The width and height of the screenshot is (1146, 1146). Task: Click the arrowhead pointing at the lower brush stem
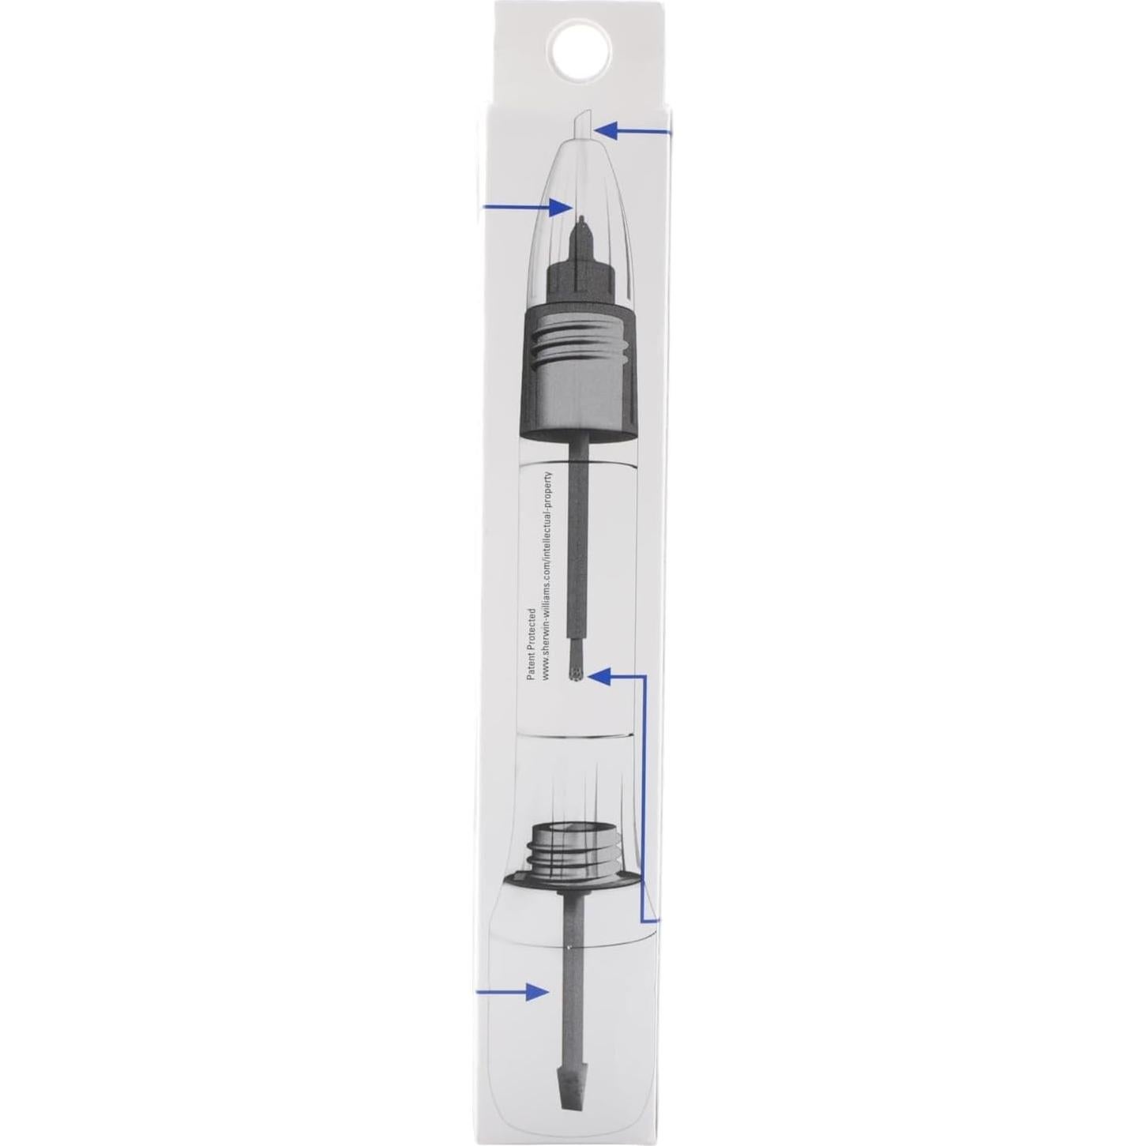[540, 992]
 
